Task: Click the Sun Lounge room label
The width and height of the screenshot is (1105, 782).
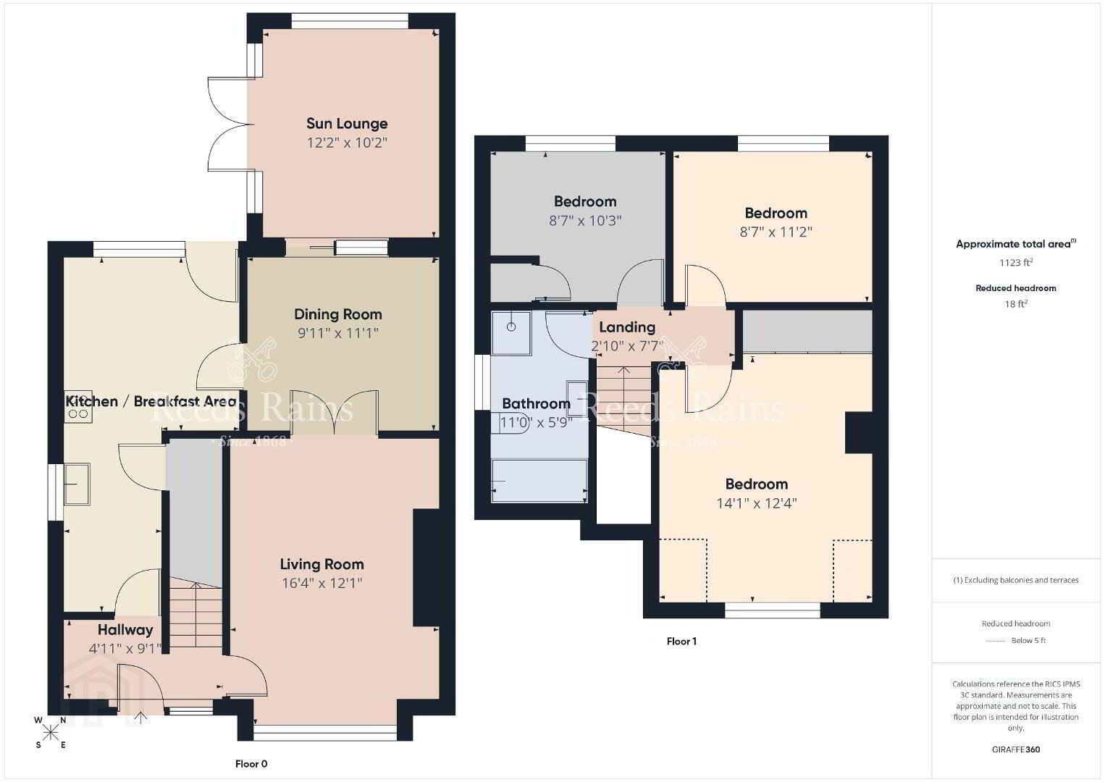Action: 347,123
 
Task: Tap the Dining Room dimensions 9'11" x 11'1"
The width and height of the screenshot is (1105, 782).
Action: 338,333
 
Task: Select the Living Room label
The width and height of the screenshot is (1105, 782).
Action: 322,564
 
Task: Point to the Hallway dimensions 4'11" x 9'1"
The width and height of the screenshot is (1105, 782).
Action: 125,648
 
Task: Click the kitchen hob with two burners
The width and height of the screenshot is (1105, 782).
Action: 78,406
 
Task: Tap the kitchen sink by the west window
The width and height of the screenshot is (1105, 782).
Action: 77,484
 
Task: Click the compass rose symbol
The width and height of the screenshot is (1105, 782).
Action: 50,733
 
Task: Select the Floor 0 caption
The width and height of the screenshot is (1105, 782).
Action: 251,764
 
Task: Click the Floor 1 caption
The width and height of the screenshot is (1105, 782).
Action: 681,642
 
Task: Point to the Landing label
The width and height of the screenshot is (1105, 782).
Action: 627,327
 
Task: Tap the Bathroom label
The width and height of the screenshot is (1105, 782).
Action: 537,403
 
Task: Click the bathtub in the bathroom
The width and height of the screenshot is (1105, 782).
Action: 539,481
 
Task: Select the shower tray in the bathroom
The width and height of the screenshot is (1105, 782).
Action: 511,333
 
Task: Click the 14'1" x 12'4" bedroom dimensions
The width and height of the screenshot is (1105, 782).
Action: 757,503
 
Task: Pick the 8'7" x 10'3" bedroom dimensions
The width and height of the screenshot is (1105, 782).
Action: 585,221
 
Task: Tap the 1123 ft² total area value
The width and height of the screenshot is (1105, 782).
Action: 1016,262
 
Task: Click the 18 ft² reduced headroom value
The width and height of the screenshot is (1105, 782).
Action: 1016,304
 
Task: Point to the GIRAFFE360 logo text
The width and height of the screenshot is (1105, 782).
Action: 1016,749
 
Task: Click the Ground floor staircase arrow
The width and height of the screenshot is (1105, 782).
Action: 196,614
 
